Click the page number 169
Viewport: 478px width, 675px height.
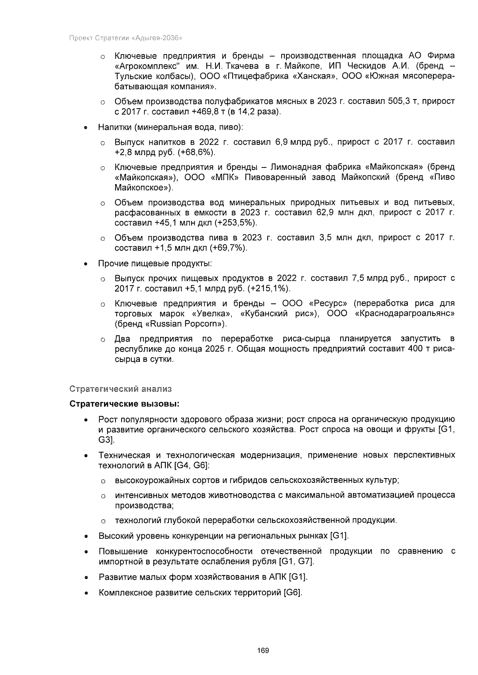pos(263,651)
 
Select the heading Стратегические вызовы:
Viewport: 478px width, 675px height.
pos(125,404)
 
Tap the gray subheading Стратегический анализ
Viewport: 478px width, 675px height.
pos(120,388)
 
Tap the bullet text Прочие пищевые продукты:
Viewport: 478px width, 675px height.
pos(155,263)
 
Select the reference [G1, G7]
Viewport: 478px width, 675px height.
pos(296,562)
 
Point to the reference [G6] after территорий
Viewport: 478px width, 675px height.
pos(293,593)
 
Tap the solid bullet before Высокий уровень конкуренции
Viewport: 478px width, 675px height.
pos(86,536)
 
